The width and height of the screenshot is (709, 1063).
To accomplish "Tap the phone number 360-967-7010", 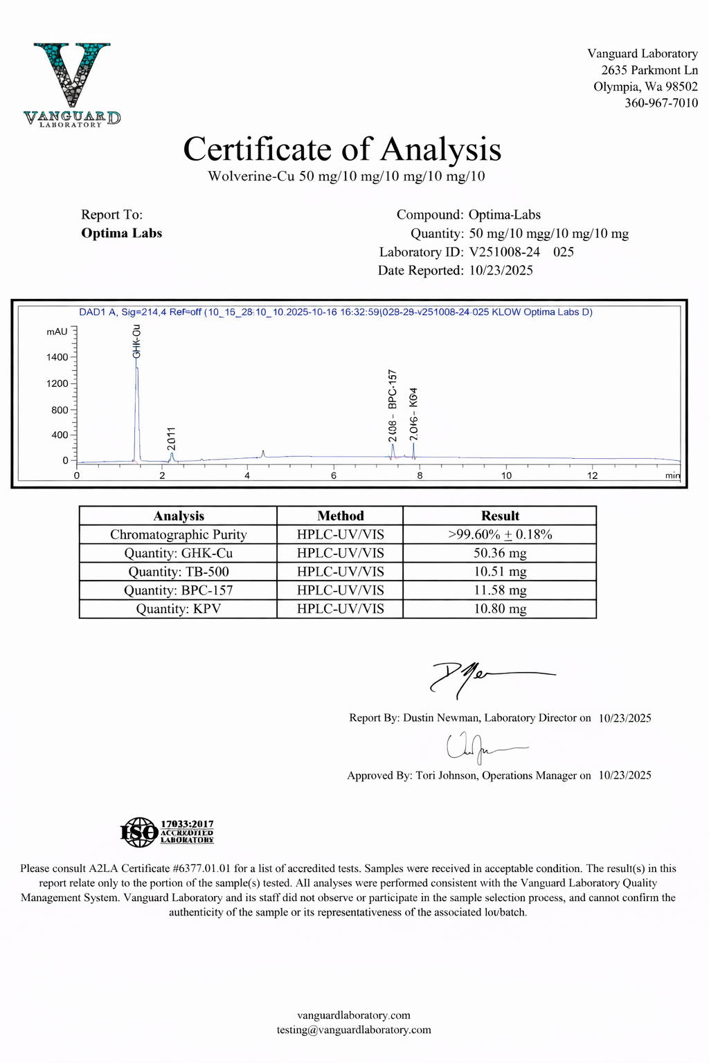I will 661,103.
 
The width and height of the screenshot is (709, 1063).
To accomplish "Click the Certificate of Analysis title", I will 342,149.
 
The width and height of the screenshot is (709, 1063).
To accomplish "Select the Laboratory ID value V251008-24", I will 504,252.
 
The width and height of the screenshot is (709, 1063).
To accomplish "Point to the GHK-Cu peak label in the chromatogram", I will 137,340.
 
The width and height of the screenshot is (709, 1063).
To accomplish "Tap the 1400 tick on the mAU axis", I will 57,357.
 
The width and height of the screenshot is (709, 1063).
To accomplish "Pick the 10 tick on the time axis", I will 506,475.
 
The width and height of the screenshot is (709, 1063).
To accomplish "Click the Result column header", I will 499,516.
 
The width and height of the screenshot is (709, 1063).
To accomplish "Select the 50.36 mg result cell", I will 499,553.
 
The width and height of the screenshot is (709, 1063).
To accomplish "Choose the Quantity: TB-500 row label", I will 178,572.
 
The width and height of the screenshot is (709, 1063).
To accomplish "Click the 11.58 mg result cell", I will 499,590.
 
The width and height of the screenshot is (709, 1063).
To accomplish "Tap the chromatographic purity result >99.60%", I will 499,534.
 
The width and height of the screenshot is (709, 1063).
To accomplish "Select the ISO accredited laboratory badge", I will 167,831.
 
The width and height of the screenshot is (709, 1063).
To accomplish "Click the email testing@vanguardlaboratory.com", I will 354,1030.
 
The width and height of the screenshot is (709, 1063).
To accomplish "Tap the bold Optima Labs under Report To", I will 122,233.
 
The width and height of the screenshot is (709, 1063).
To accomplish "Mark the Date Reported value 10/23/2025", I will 501,271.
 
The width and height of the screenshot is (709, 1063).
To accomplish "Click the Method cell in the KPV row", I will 340,609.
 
